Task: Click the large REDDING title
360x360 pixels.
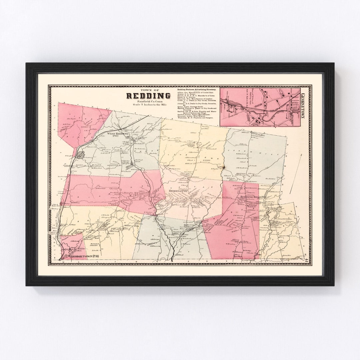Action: click(x=149, y=96)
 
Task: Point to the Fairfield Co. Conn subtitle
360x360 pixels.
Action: click(x=148, y=101)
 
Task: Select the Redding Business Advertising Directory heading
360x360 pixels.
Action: click(x=197, y=90)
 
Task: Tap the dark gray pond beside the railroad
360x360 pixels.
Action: click(x=81, y=154)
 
